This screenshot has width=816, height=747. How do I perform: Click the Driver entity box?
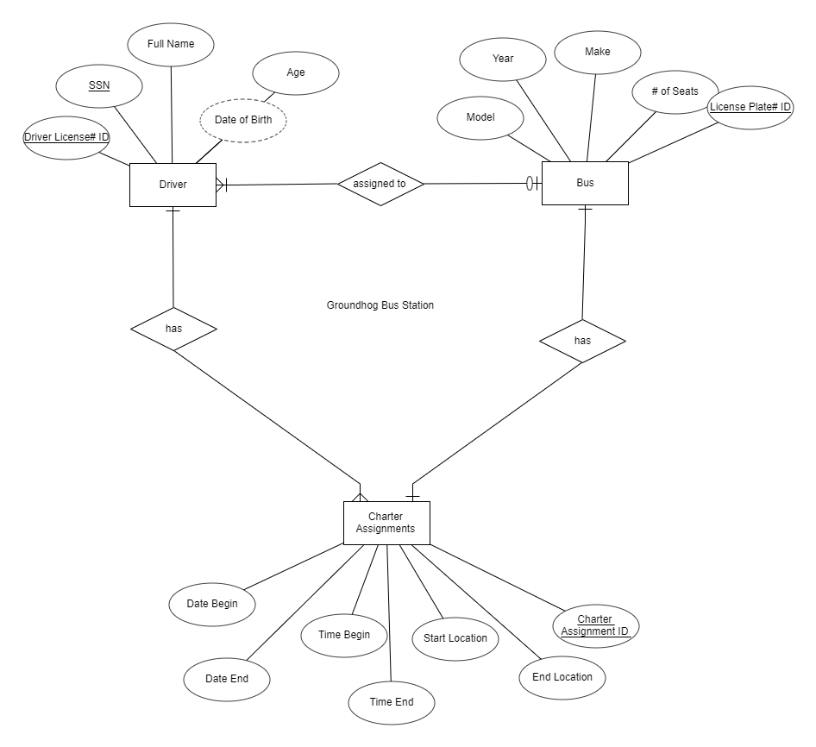(173, 184)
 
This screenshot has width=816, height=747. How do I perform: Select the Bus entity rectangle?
(585, 183)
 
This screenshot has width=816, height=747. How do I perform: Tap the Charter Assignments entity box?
(386, 523)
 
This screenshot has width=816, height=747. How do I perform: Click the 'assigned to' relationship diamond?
(380, 184)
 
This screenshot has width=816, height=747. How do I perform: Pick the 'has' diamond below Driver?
(173, 329)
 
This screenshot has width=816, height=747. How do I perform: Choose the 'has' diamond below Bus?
(582, 341)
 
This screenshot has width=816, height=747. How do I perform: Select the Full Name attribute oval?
(171, 44)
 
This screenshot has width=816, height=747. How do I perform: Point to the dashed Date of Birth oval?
(242, 120)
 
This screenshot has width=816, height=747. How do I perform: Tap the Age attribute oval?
(296, 72)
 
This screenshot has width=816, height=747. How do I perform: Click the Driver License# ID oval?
(66, 137)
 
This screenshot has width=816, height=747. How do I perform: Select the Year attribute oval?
(503, 59)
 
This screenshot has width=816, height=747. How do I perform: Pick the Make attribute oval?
(597, 52)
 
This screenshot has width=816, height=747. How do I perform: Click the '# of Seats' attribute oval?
(675, 91)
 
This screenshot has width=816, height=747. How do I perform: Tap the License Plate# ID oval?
(750, 108)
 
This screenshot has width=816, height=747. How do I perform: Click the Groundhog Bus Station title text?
(380, 305)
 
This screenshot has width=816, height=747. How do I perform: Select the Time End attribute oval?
(392, 702)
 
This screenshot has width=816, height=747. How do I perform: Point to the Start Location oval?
(455, 638)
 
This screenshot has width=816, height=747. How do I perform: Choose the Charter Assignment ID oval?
(595, 625)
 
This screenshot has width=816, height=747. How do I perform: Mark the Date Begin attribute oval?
(212, 604)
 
